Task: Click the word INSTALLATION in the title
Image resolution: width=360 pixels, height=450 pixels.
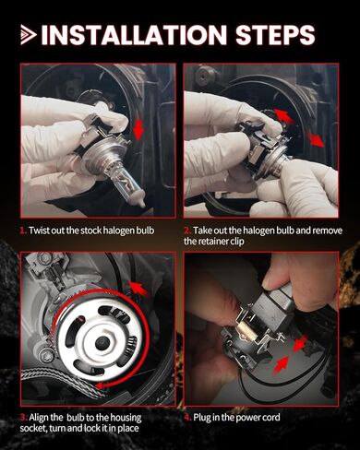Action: pyautogui.click(x=134, y=34)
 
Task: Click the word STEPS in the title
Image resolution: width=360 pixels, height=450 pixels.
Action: pyautogui.click(x=275, y=34)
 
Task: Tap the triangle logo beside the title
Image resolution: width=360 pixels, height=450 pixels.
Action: pyautogui.click(x=29, y=35)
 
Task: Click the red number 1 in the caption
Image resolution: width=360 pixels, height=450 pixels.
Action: pyautogui.click(x=23, y=231)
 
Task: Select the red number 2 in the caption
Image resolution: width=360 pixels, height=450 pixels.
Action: pyautogui.click(x=187, y=231)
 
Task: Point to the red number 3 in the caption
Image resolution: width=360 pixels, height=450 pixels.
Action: pyautogui.click(x=23, y=418)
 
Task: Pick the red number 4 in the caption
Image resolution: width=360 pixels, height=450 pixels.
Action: pyautogui.click(x=187, y=418)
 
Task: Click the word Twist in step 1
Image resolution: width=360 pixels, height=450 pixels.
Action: pyautogui.click(x=39, y=231)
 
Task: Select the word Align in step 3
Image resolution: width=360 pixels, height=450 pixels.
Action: pyautogui.click(x=39, y=418)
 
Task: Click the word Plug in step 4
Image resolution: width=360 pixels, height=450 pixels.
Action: pyautogui.click(x=201, y=418)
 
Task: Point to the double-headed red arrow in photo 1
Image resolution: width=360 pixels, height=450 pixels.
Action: pyautogui.click(x=138, y=129)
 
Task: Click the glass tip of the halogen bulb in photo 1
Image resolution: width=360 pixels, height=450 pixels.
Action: pyautogui.click(x=140, y=199)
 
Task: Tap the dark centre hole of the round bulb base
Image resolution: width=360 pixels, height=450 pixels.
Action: pyautogui.click(x=102, y=343)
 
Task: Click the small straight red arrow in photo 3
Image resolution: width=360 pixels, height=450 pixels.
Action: pyautogui.click(x=138, y=290)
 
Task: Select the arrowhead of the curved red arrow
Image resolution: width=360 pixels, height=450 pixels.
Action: pyautogui.click(x=100, y=385)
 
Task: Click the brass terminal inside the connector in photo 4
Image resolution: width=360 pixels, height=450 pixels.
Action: pyautogui.click(x=243, y=331)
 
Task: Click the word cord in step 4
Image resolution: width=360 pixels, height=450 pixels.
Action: pyautogui.click(x=270, y=418)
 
